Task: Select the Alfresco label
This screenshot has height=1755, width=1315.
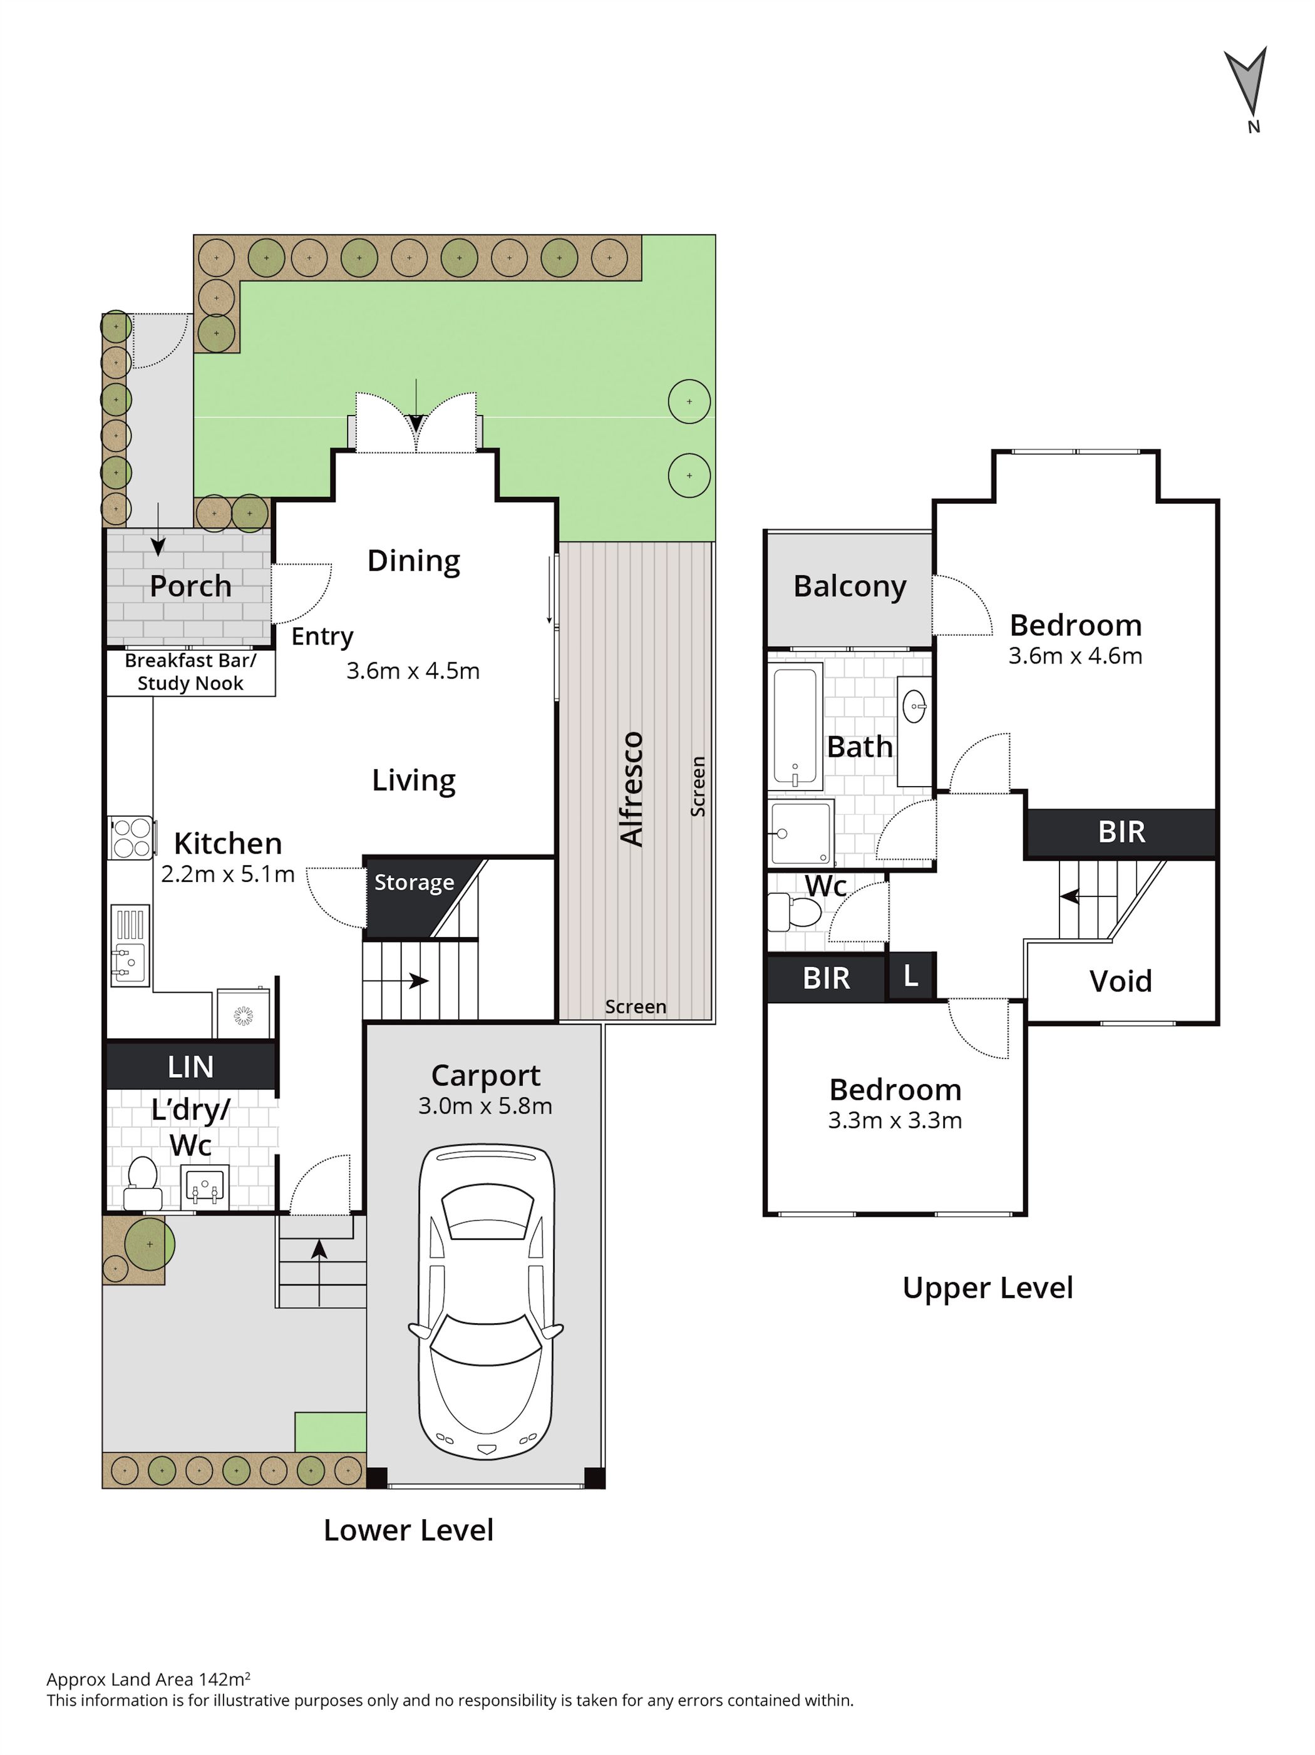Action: (x=632, y=789)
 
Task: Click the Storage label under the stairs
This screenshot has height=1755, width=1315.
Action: (x=415, y=883)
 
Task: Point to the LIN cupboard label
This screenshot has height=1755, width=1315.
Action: (x=190, y=1067)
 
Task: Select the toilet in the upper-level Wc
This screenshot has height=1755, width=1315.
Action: (x=793, y=913)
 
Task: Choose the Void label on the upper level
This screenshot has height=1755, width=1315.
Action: (x=1120, y=981)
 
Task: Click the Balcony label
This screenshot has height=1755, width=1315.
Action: (x=849, y=586)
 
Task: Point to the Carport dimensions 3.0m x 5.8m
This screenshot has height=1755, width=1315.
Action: (x=485, y=1106)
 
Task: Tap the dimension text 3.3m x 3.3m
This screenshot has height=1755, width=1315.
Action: (x=894, y=1120)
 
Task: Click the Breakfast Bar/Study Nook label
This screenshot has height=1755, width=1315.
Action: (x=190, y=672)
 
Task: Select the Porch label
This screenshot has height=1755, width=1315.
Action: (x=190, y=586)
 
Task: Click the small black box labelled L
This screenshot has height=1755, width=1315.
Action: (x=910, y=976)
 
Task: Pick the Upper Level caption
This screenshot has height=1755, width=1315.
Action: (x=988, y=1287)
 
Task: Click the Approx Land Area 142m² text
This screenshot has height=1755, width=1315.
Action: (x=148, y=1679)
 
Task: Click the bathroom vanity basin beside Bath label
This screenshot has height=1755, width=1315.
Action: (x=914, y=706)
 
